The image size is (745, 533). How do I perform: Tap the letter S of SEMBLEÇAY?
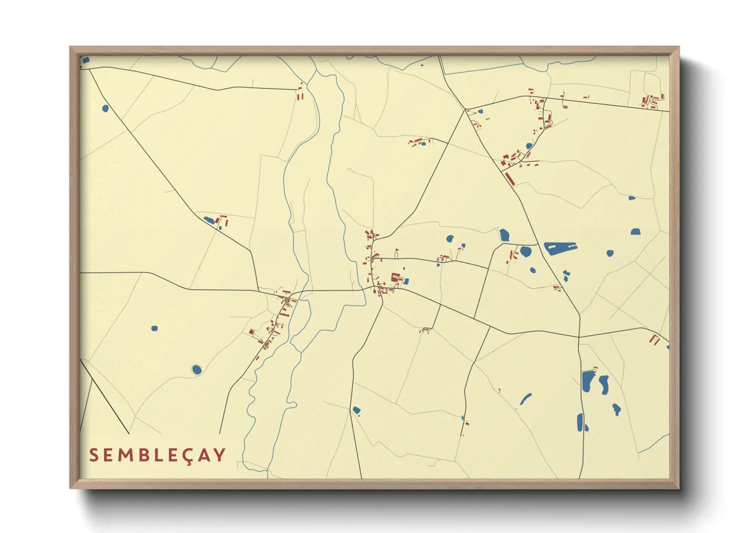point(94,455)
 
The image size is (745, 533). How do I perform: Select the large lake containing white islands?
point(560,248)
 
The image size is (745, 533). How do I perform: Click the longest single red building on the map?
point(510,179)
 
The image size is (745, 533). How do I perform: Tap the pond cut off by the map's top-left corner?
point(86,60)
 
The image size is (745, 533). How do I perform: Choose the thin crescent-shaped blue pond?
point(526,399)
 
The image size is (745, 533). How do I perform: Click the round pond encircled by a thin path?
point(196,370)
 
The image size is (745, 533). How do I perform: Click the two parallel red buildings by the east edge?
point(655,340)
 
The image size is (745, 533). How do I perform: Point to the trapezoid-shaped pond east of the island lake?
point(635,232)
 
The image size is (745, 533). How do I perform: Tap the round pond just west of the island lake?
point(526,251)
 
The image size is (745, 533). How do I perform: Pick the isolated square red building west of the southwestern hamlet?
point(251,331)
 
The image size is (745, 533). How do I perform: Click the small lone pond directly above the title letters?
point(154,328)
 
